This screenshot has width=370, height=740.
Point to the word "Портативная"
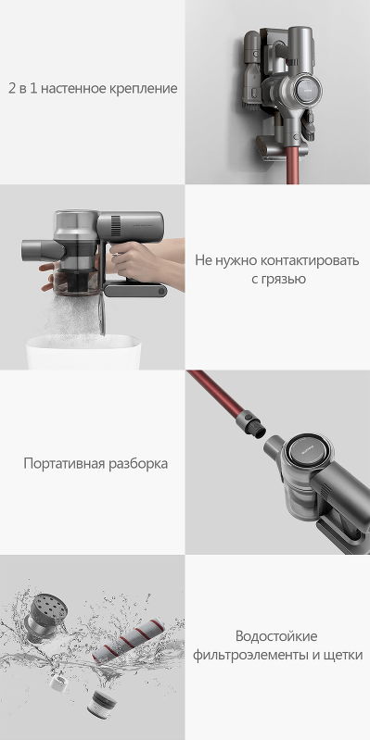(x=64, y=463)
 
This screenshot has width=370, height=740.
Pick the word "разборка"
(x=137, y=464)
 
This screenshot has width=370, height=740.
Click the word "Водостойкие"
(x=276, y=635)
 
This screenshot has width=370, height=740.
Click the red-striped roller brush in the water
(x=128, y=642)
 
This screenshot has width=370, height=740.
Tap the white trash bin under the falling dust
(x=83, y=352)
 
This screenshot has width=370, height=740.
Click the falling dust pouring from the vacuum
(x=76, y=316)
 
